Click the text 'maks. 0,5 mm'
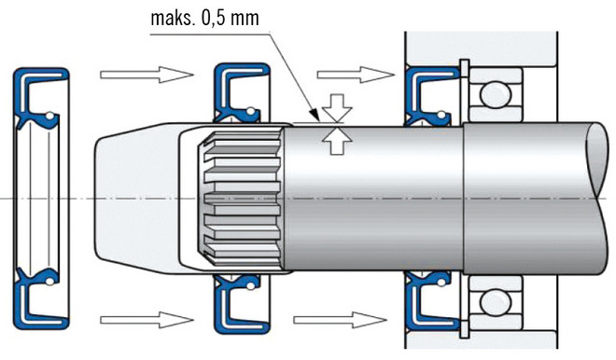click(204, 18)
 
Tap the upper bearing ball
click(496, 94)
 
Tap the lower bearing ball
click(496, 302)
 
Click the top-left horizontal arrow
click(147, 75)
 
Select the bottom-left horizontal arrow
click(147, 320)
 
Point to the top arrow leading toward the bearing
click(356, 75)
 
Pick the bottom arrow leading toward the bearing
click(340, 320)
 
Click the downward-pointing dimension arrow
click(337, 108)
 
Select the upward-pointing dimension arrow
click(337, 140)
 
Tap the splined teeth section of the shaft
click(242, 199)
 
